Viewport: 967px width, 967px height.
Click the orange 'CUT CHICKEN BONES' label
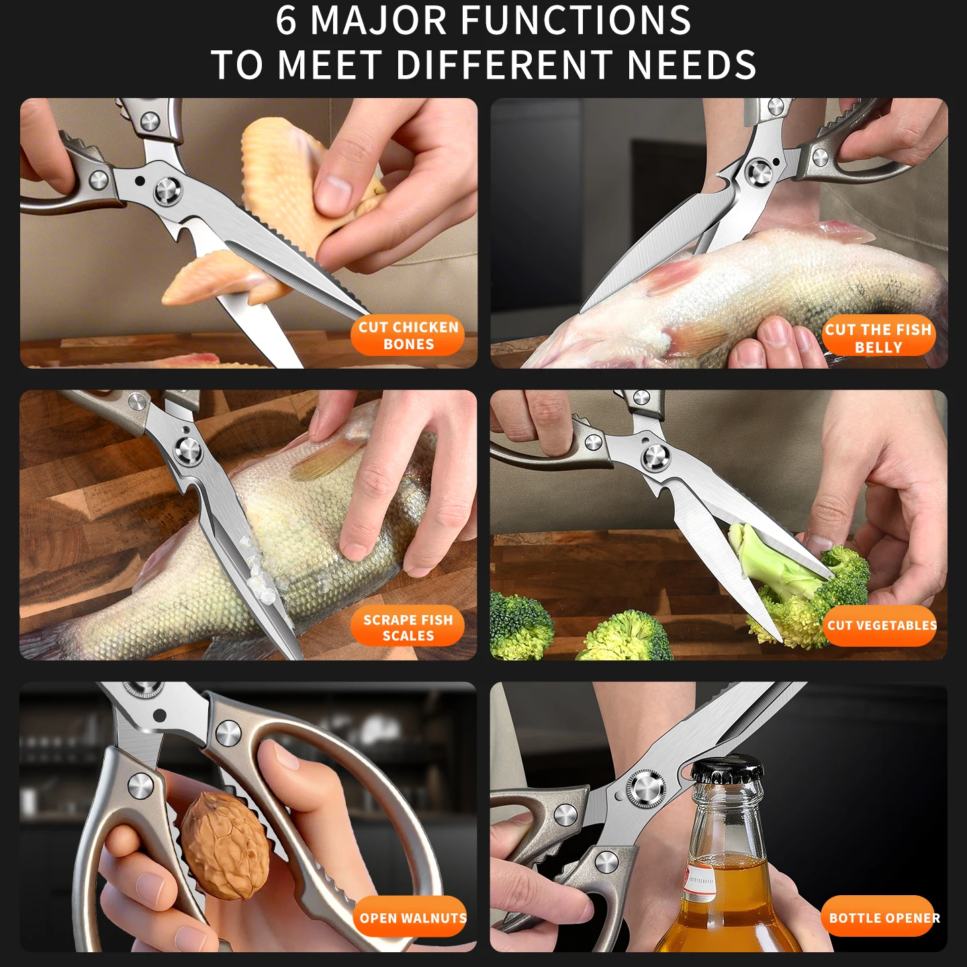[408, 336]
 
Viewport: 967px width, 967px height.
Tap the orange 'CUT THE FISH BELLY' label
[878, 338]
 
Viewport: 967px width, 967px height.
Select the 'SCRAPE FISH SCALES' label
[408, 628]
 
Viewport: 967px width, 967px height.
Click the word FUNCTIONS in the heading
[575, 21]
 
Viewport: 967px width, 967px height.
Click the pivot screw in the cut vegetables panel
[655, 457]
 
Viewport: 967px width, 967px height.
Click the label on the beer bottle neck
[700, 880]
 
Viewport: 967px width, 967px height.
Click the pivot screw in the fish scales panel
[189, 450]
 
